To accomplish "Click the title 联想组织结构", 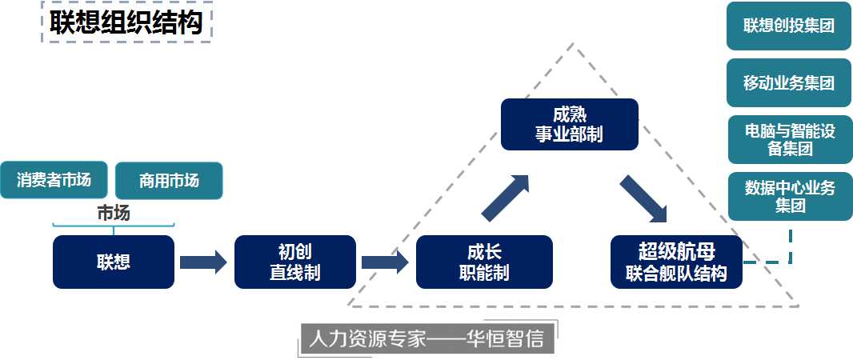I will pyautogui.click(x=126, y=22).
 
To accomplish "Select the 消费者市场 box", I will pyautogui.click(x=54, y=179).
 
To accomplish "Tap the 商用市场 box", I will pyautogui.click(x=169, y=181).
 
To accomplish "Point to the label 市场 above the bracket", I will pyautogui.click(x=113, y=213).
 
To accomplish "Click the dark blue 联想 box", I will pyautogui.click(x=113, y=262).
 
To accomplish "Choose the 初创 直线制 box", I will pyautogui.click(x=294, y=262).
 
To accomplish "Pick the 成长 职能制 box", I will pyautogui.click(x=484, y=262).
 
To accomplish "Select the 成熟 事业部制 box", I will pyautogui.click(x=569, y=124).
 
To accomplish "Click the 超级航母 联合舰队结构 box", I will pyautogui.click(x=676, y=262).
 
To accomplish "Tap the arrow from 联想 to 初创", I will pyautogui.click(x=203, y=262).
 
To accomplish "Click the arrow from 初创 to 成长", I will pyautogui.click(x=385, y=262).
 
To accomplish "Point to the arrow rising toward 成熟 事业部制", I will pyautogui.click(x=506, y=196).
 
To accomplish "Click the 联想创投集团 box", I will pyautogui.click(x=788, y=26).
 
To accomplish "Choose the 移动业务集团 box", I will pyautogui.click(x=788, y=82).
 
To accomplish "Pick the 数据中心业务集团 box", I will pyautogui.click(x=788, y=197).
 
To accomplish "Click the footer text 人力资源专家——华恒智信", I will pyautogui.click(x=426, y=338).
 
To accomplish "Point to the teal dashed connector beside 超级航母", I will pyautogui.click(x=780, y=260).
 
